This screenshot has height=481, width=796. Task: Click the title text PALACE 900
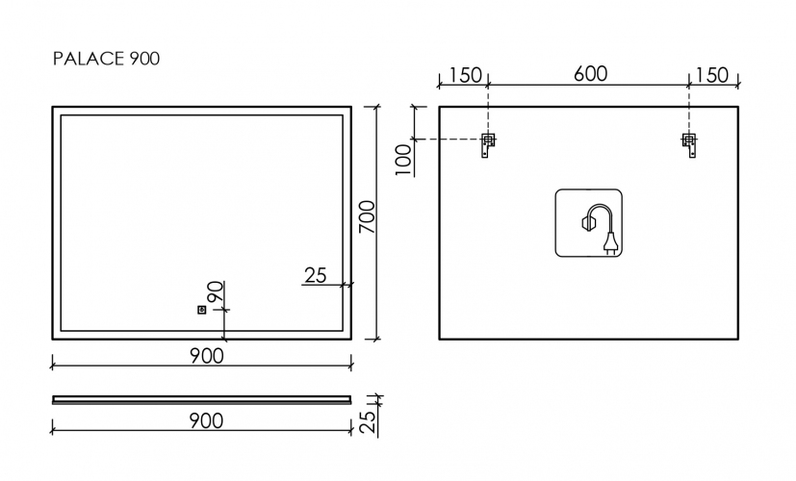106,59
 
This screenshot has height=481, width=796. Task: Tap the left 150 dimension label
465,75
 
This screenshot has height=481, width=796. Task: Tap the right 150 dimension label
711,75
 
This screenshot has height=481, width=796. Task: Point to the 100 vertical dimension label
404,157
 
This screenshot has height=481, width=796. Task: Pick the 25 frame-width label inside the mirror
315,276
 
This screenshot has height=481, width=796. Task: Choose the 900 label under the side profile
205,420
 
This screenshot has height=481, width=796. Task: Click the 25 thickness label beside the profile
367,420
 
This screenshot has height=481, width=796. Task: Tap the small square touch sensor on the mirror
201,310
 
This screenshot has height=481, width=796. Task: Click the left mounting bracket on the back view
488,145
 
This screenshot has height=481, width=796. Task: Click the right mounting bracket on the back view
688,145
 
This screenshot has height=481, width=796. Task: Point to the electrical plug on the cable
609,243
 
